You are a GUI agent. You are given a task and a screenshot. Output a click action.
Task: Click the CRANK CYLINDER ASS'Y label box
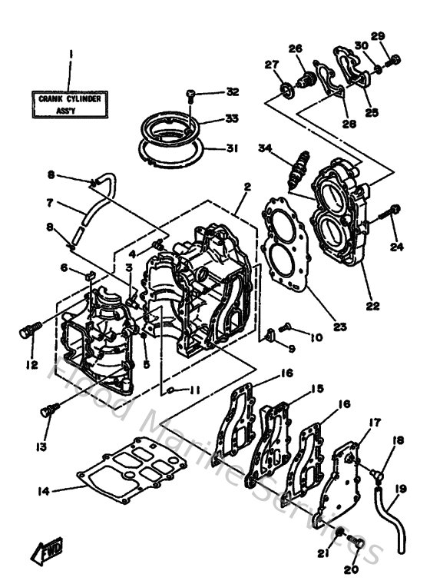pyautogui.click(x=70, y=104)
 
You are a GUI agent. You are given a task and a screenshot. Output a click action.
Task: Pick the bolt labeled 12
pyautogui.click(x=28, y=333)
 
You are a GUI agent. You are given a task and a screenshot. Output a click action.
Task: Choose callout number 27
pyautogui.click(x=270, y=65)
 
